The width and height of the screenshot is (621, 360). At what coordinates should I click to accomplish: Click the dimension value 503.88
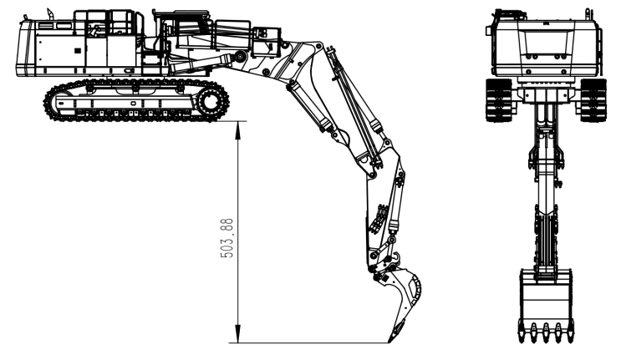tap(227, 238)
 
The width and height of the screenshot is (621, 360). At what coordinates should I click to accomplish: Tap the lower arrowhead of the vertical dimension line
tap(237, 334)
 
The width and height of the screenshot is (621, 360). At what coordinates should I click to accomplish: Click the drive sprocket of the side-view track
tap(209, 100)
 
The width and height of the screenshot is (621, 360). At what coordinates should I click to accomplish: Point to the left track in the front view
tap(499, 100)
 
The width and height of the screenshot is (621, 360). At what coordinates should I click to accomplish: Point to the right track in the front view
tap(593, 100)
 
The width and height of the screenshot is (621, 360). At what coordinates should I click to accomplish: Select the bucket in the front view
tap(546, 305)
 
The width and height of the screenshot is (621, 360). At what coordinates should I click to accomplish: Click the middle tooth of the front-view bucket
tap(546, 332)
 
